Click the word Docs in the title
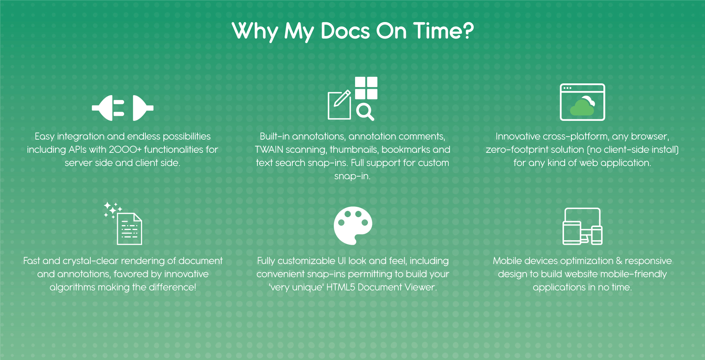[x=345, y=31]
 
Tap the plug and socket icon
[x=123, y=108]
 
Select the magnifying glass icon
[x=365, y=112]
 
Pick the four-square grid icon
[x=366, y=88]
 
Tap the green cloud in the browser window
[x=582, y=108]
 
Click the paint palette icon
[x=353, y=226]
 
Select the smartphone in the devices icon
[x=597, y=235]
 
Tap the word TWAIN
[x=269, y=150]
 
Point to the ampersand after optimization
[x=619, y=261]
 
